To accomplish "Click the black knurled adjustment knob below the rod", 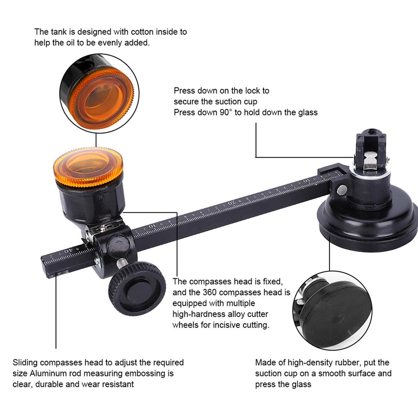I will pos(137,288).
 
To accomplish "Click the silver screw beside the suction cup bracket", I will pos(342,189).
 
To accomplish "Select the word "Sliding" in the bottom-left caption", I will pos(25,362).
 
